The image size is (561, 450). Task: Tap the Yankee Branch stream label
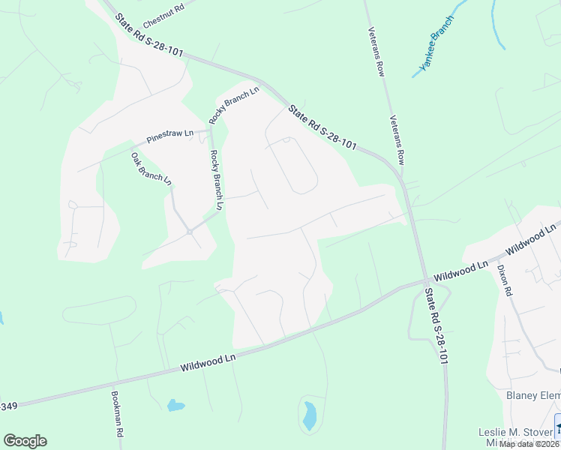tap(436, 43)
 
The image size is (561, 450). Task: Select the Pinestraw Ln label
tap(170, 136)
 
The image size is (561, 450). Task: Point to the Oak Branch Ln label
tap(151, 169)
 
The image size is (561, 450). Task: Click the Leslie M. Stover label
tap(516, 432)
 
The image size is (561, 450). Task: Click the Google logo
tap(25, 441)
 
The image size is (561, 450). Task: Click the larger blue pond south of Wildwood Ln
tap(309, 415)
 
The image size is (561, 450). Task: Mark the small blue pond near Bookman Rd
tap(175, 406)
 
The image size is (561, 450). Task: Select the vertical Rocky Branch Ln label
tap(217, 180)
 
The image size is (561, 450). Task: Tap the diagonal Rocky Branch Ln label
tap(233, 106)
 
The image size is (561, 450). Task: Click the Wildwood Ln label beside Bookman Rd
tap(208, 364)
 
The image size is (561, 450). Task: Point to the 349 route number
tap(7, 406)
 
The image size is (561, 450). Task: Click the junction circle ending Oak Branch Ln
tap(190, 232)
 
